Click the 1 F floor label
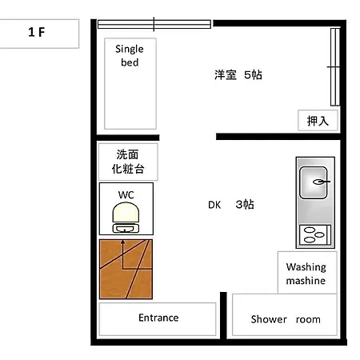[37, 32]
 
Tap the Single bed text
[130, 55]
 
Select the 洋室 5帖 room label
[238, 75]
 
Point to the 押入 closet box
[318, 121]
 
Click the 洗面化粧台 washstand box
[128, 162]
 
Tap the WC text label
[126, 195]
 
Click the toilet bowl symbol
[126, 218]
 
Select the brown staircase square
[126, 269]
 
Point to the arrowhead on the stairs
[122, 242]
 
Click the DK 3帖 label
[231, 205]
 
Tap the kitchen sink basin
[314, 182]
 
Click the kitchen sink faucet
[322, 182]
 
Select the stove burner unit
[315, 235]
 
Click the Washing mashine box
[307, 273]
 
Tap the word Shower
[269, 319]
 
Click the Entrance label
[158, 318]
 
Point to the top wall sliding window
[154, 24]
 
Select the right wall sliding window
[335, 67]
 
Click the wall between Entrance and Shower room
[223, 315]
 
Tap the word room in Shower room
[308, 319]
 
